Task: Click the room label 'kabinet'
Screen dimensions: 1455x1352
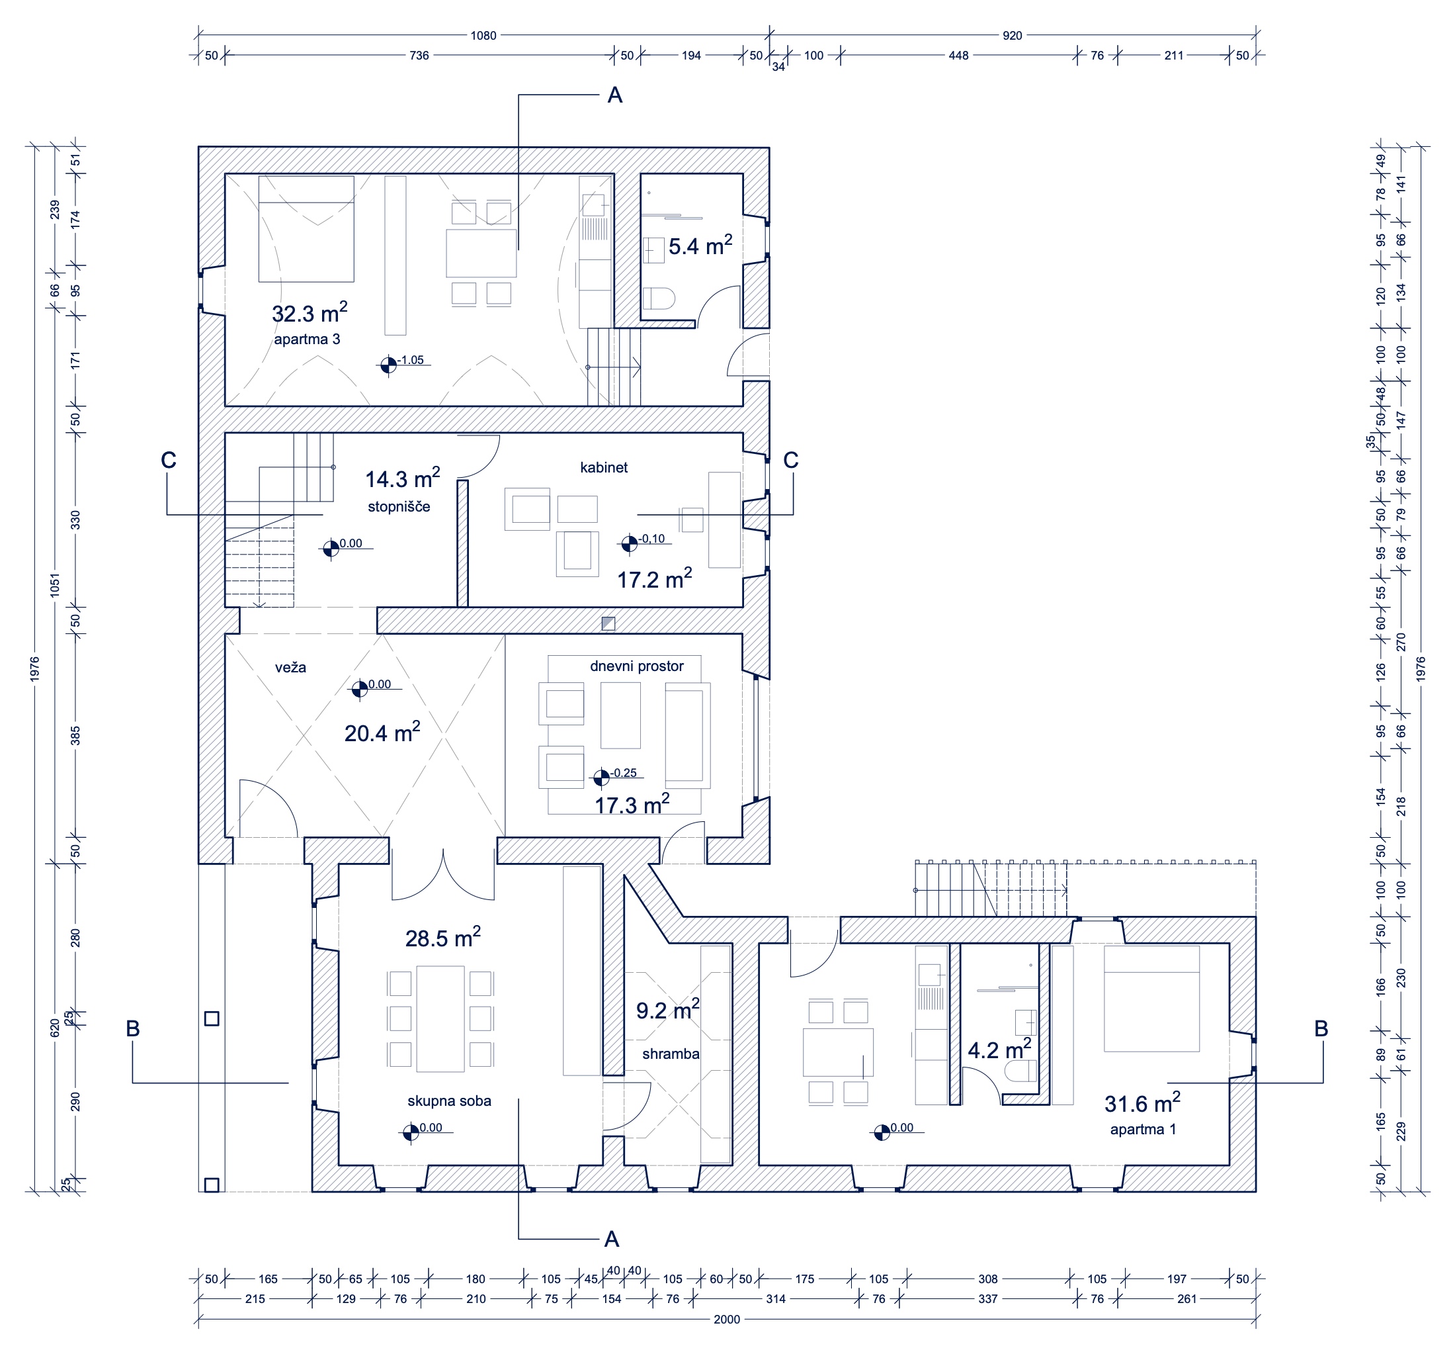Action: click(603, 467)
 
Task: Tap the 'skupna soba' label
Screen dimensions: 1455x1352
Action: click(449, 1101)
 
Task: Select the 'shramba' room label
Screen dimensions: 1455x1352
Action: click(671, 1054)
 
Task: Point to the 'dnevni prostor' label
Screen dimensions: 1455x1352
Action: click(636, 666)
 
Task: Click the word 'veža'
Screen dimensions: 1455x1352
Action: click(290, 667)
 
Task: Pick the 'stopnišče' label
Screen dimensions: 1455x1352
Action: click(399, 506)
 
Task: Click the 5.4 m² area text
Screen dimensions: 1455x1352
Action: click(700, 245)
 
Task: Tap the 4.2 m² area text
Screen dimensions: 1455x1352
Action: click(999, 1049)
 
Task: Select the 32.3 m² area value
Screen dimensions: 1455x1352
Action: click(310, 312)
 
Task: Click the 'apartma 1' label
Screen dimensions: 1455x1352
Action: click(1143, 1129)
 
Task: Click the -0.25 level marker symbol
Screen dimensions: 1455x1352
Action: click(601, 777)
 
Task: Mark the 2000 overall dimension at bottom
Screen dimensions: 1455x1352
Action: click(726, 1319)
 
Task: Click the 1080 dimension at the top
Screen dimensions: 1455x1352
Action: click(483, 35)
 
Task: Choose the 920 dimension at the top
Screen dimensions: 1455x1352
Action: click(1012, 35)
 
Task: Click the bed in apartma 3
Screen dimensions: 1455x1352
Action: click(306, 229)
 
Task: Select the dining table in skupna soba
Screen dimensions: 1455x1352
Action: click(440, 1018)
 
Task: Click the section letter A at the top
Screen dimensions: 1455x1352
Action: click(615, 95)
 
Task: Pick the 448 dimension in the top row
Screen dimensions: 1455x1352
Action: click(958, 55)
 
